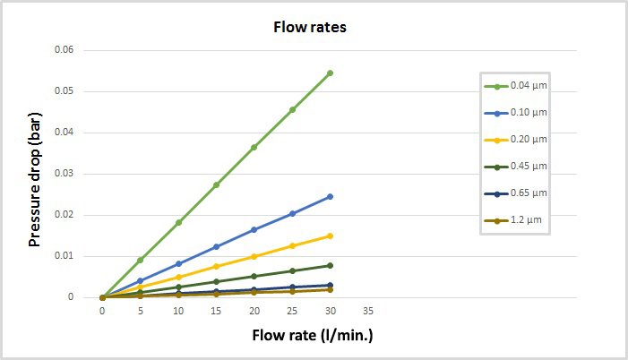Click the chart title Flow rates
click(309, 27)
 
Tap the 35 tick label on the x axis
click(368, 311)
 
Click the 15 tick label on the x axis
click(216, 311)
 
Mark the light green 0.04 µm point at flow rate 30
click(330, 73)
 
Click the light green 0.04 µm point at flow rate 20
click(254, 147)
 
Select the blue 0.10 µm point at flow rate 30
click(330, 196)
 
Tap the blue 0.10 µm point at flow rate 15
click(216, 246)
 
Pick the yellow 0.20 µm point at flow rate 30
click(330, 236)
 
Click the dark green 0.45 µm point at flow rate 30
click(330, 265)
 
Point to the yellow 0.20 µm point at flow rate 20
click(254, 256)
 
